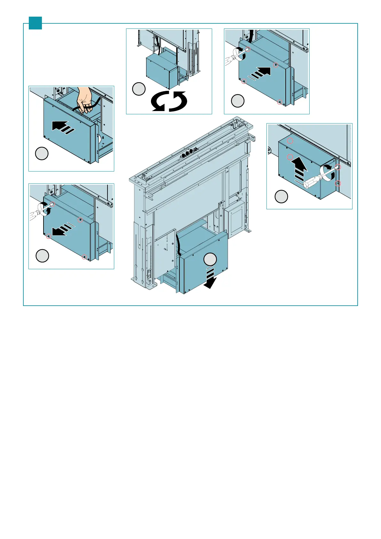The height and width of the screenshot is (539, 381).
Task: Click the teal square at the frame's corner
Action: pos(35,23)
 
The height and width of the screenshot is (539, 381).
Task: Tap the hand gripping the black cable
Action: pos(84,101)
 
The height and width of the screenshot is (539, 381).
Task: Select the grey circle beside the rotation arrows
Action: pos(139,89)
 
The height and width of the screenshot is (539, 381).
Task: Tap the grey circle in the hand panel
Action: pos(42,154)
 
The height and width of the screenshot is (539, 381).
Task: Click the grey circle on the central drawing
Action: pos(210,259)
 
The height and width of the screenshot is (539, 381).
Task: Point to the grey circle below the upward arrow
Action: pos(282,197)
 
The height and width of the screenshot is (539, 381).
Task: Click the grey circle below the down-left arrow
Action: pos(42,256)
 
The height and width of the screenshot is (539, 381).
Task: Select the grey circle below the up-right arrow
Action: pos(238,101)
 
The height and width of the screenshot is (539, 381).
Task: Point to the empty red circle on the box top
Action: pos(290,141)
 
